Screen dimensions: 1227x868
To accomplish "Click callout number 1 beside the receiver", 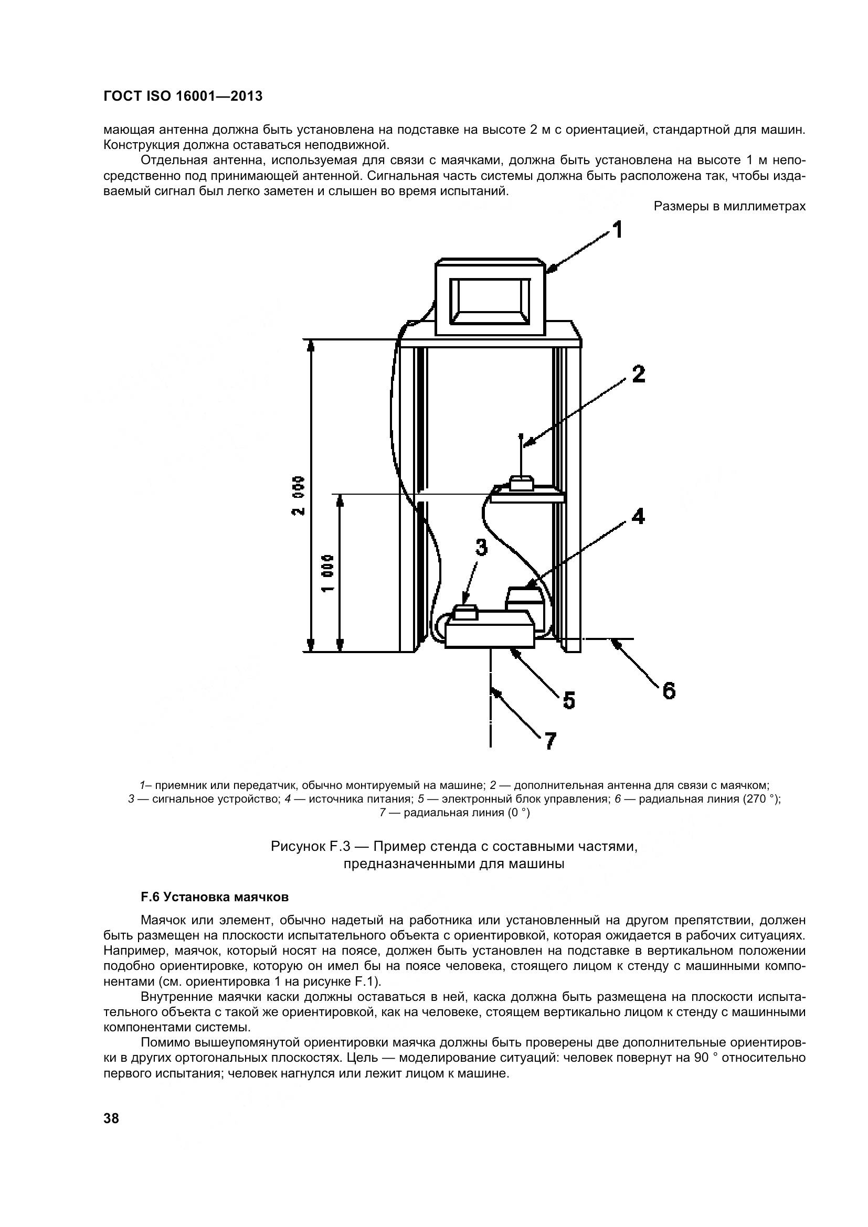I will coord(617,230).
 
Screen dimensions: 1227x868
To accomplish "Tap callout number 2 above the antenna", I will coord(638,374).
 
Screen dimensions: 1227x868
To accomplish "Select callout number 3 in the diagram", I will coord(482,547).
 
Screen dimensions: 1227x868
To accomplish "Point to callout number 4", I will coord(638,516).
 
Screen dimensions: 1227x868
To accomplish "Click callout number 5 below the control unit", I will coord(569,700).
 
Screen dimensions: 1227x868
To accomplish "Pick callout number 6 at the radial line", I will coord(669,691).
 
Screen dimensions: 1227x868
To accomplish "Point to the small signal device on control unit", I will coord(465,612).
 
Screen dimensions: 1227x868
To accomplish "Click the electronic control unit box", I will coord(490,634).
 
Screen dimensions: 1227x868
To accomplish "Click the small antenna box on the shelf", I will coord(521,484).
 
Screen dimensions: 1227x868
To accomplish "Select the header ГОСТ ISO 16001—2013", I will coord(183,96).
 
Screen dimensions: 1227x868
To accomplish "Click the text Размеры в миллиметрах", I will coord(729,207).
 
